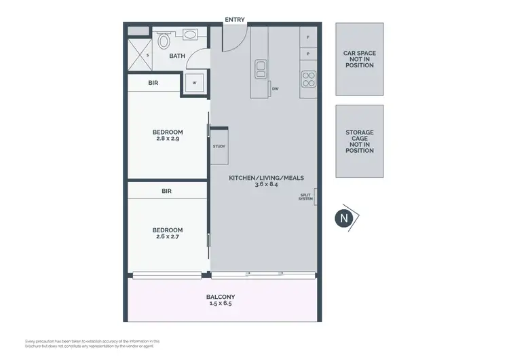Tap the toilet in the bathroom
click(163, 41)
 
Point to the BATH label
click(177, 56)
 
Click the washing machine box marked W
click(195, 83)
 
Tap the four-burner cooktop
click(309, 77)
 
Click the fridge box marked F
click(308, 37)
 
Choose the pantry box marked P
click(308, 53)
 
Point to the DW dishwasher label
click(275, 89)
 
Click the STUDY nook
click(219, 146)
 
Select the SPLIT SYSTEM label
click(306, 197)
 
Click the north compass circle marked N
click(344, 218)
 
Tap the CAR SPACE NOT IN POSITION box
click(360, 59)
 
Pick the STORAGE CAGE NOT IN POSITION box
click(360, 141)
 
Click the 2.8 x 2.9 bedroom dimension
click(167, 138)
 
